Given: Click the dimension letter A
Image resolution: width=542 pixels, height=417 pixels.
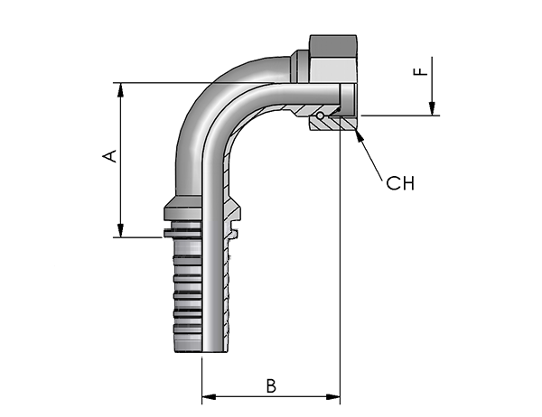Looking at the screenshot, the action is point(110,156).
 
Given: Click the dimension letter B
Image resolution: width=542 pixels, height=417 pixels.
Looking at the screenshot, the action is point(271,386).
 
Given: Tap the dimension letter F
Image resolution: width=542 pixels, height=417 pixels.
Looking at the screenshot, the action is point(421,71).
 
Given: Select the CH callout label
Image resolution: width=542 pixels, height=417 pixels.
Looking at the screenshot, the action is point(400,183).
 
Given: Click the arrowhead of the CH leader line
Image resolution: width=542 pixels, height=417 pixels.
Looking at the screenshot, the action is point(360,136).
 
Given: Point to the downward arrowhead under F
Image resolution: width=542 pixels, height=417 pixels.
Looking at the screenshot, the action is point(432,108).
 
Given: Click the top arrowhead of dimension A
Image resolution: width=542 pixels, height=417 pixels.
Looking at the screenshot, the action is point(120,90).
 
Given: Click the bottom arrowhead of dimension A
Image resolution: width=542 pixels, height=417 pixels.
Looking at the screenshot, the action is point(120,230).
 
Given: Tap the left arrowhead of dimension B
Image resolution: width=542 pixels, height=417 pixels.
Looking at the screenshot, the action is point(209,396).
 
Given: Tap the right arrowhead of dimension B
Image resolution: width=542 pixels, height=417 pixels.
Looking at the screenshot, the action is point(332,396).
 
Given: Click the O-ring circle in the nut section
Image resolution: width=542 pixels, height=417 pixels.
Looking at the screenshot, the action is point(321,116).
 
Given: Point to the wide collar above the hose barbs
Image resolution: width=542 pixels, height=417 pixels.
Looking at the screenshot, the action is point(182,208).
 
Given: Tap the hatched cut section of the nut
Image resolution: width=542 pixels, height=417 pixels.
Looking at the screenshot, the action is point(332,124).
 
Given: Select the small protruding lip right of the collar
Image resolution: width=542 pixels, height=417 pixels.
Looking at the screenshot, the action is point(234,235).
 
